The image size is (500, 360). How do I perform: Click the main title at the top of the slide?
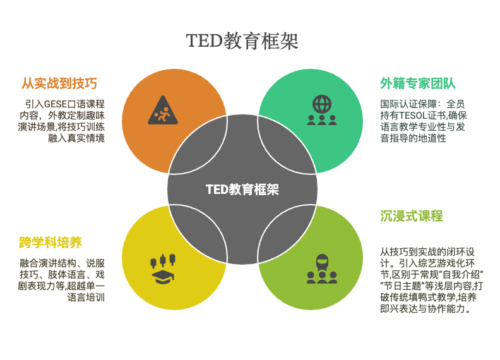click(x=242, y=41)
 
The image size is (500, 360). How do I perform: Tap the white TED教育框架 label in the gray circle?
click(x=242, y=189)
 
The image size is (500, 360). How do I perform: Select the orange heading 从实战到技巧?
click(x=59, y=83)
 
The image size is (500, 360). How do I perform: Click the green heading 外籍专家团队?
click(x=418, y=83)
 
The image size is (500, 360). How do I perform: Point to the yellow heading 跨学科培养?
click(x=51, y=243)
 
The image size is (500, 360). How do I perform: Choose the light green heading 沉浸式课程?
click(x=412, y=216)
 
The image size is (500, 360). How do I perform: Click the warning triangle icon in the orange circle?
click(x=163, y=110)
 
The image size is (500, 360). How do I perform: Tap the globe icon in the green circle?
click(x=322, y=104)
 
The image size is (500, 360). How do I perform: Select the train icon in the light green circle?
click(x=322, y=262)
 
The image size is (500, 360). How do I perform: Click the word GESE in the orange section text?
click(x=56, y=104)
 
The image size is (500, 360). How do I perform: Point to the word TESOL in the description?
click(x=413, y=116)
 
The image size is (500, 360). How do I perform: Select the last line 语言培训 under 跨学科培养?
click(x=86, y=297)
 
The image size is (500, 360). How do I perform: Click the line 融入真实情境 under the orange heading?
click(x=76, y=138)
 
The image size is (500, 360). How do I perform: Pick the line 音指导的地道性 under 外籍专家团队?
click(x=413, y=138)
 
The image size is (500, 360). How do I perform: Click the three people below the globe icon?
click(x=322, y=120)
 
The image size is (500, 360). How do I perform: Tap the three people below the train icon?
click(x=322, y=278)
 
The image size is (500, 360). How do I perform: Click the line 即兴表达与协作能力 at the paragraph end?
click(x=425, y=309)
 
